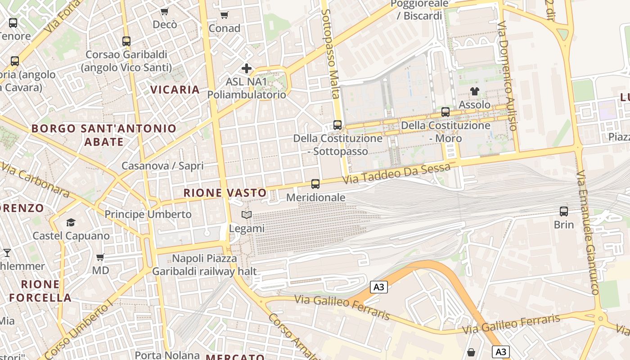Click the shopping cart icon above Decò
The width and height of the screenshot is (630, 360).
pos(165,11)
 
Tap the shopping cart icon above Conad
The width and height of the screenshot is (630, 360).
pos(225,15)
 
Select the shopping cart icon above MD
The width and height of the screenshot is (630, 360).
pos(100,257)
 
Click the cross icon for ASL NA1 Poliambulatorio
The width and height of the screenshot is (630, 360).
pos(247,68)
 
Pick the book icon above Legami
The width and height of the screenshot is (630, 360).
pos(246,215)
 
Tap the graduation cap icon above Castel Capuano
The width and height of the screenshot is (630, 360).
pos(71,222)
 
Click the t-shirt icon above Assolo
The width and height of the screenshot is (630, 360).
pos(474,91)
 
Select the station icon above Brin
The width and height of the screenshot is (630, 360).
pos(564,211)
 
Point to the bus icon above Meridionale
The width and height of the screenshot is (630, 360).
pos(315,184)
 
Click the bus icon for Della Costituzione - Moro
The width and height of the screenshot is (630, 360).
pos(445,112)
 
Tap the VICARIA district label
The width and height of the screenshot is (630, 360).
pos(175,90)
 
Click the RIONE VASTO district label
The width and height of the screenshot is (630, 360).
pos(225,193)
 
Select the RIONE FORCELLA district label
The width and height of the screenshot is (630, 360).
pos(40,291)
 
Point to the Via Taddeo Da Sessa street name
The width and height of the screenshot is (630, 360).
pos(396,174)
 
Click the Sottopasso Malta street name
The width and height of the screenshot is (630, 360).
pos(331,54)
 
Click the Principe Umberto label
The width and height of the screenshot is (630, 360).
pos(148,214)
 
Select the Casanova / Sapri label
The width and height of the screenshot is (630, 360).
pos(162,166)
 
